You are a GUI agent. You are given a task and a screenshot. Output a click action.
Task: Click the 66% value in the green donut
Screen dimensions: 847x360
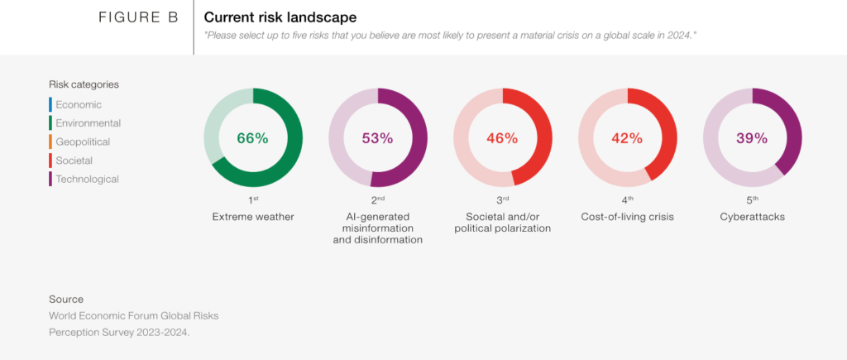click(253, 138)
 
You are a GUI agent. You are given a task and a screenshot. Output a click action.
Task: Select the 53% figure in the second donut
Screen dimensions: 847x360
click(377, 138)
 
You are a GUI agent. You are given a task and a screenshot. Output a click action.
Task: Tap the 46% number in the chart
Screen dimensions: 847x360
click(502, 138)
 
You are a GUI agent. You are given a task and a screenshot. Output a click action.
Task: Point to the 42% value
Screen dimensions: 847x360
click(627, 138)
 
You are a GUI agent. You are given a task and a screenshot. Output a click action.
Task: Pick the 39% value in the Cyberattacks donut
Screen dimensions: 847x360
click(752, 138)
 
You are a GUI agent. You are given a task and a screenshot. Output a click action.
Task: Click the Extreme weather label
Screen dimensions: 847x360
click(253, 217)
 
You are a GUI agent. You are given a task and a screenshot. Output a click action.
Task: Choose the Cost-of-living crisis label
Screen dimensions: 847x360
click(627, 217)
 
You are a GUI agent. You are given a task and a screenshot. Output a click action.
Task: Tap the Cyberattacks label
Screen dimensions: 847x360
click(752, 217)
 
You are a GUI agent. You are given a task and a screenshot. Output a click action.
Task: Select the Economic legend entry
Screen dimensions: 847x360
click(79, 105)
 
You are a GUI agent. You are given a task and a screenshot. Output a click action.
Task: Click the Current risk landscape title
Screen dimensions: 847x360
click(280, 17)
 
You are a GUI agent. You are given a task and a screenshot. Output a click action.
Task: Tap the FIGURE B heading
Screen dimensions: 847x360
click(138, 17)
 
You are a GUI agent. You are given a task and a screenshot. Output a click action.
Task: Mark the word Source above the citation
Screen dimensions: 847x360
click(66, 299)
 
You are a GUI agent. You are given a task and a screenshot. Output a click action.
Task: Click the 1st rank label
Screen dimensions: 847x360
click(253, 200)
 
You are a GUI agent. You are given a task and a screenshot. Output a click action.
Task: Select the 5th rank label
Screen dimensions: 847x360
click(752, 200)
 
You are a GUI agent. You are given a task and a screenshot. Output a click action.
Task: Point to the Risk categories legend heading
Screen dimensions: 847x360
click(84, 85)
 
